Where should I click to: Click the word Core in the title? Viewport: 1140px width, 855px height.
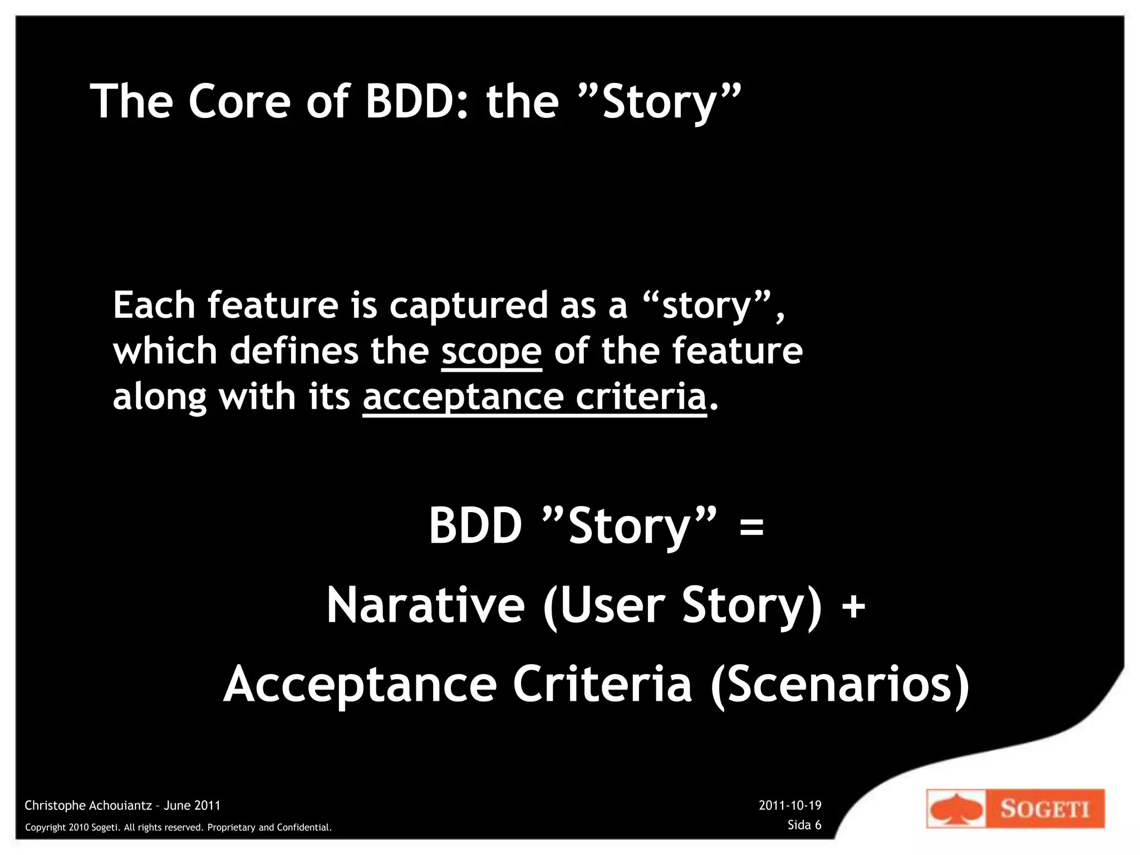pyautogui.click(x=239, y=101)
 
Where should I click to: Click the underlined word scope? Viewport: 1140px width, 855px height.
pyautogui.click(x=491, y=352)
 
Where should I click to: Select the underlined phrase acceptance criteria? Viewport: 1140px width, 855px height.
pyautogui.click(x=534, y=397)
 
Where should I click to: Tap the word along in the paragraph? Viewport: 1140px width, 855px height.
pyautogui.click(x=159, y=397)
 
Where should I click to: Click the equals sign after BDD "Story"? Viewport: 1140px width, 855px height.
pyautogui.click(x=751, y=527)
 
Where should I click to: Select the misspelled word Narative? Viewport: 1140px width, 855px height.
pyautogui.click(x=425, y=606)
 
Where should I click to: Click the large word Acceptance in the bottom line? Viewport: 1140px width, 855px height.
pyautogui.click(x=360, y=685)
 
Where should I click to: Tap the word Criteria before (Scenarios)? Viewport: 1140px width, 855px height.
pyautogui.click(x=602, y=685)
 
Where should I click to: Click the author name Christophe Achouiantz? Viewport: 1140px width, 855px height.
pyautogui.click(x=88, y=805)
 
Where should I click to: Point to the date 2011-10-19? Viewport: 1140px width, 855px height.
pyautogui.click(x=790, y=805)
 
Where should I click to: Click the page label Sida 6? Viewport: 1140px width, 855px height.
pyautogui.click(x=804, y=825)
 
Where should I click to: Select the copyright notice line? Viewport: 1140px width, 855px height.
pyautogui.click(x=178, y=828)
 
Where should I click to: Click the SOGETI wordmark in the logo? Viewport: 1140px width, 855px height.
pyautogui.click(x=1044, y=809)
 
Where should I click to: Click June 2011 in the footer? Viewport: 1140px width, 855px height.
pyautogui.click(x=192, y=805)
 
